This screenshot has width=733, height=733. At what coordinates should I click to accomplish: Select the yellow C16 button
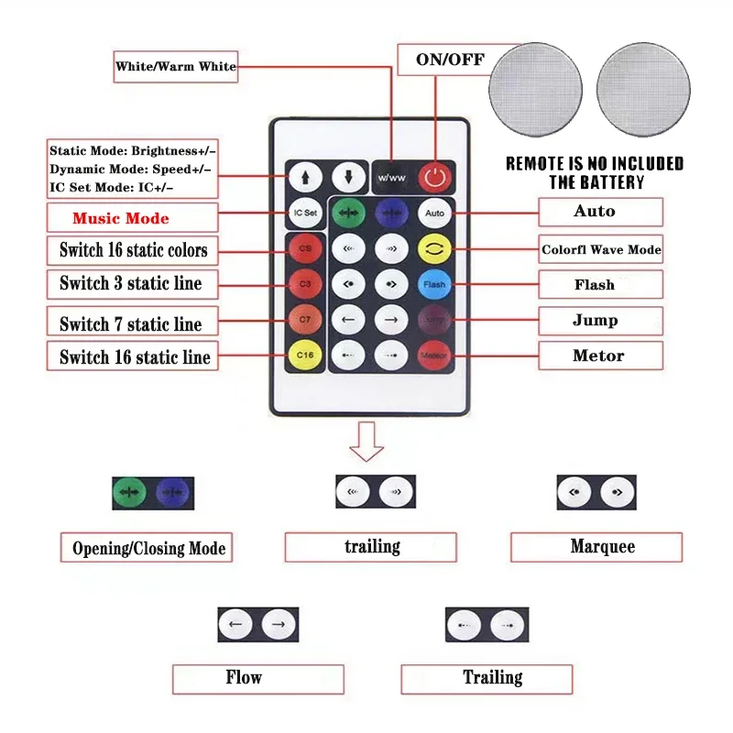304,355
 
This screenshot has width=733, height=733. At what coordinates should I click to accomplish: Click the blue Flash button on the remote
434,284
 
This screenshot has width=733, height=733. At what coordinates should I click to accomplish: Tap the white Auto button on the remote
434,213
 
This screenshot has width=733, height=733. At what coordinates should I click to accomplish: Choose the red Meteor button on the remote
434,355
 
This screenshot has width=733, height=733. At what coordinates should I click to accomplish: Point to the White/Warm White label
175,66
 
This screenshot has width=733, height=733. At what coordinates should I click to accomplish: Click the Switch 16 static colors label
134,250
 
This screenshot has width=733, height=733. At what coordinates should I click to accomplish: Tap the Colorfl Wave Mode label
600,249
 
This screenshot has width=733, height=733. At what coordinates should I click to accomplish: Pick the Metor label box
599,356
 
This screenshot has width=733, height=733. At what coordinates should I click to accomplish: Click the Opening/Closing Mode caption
148,548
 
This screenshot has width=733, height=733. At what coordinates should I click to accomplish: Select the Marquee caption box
596,547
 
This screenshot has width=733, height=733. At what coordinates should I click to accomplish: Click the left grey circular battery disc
536,88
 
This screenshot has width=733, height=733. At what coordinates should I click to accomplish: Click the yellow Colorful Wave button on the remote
434,248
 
